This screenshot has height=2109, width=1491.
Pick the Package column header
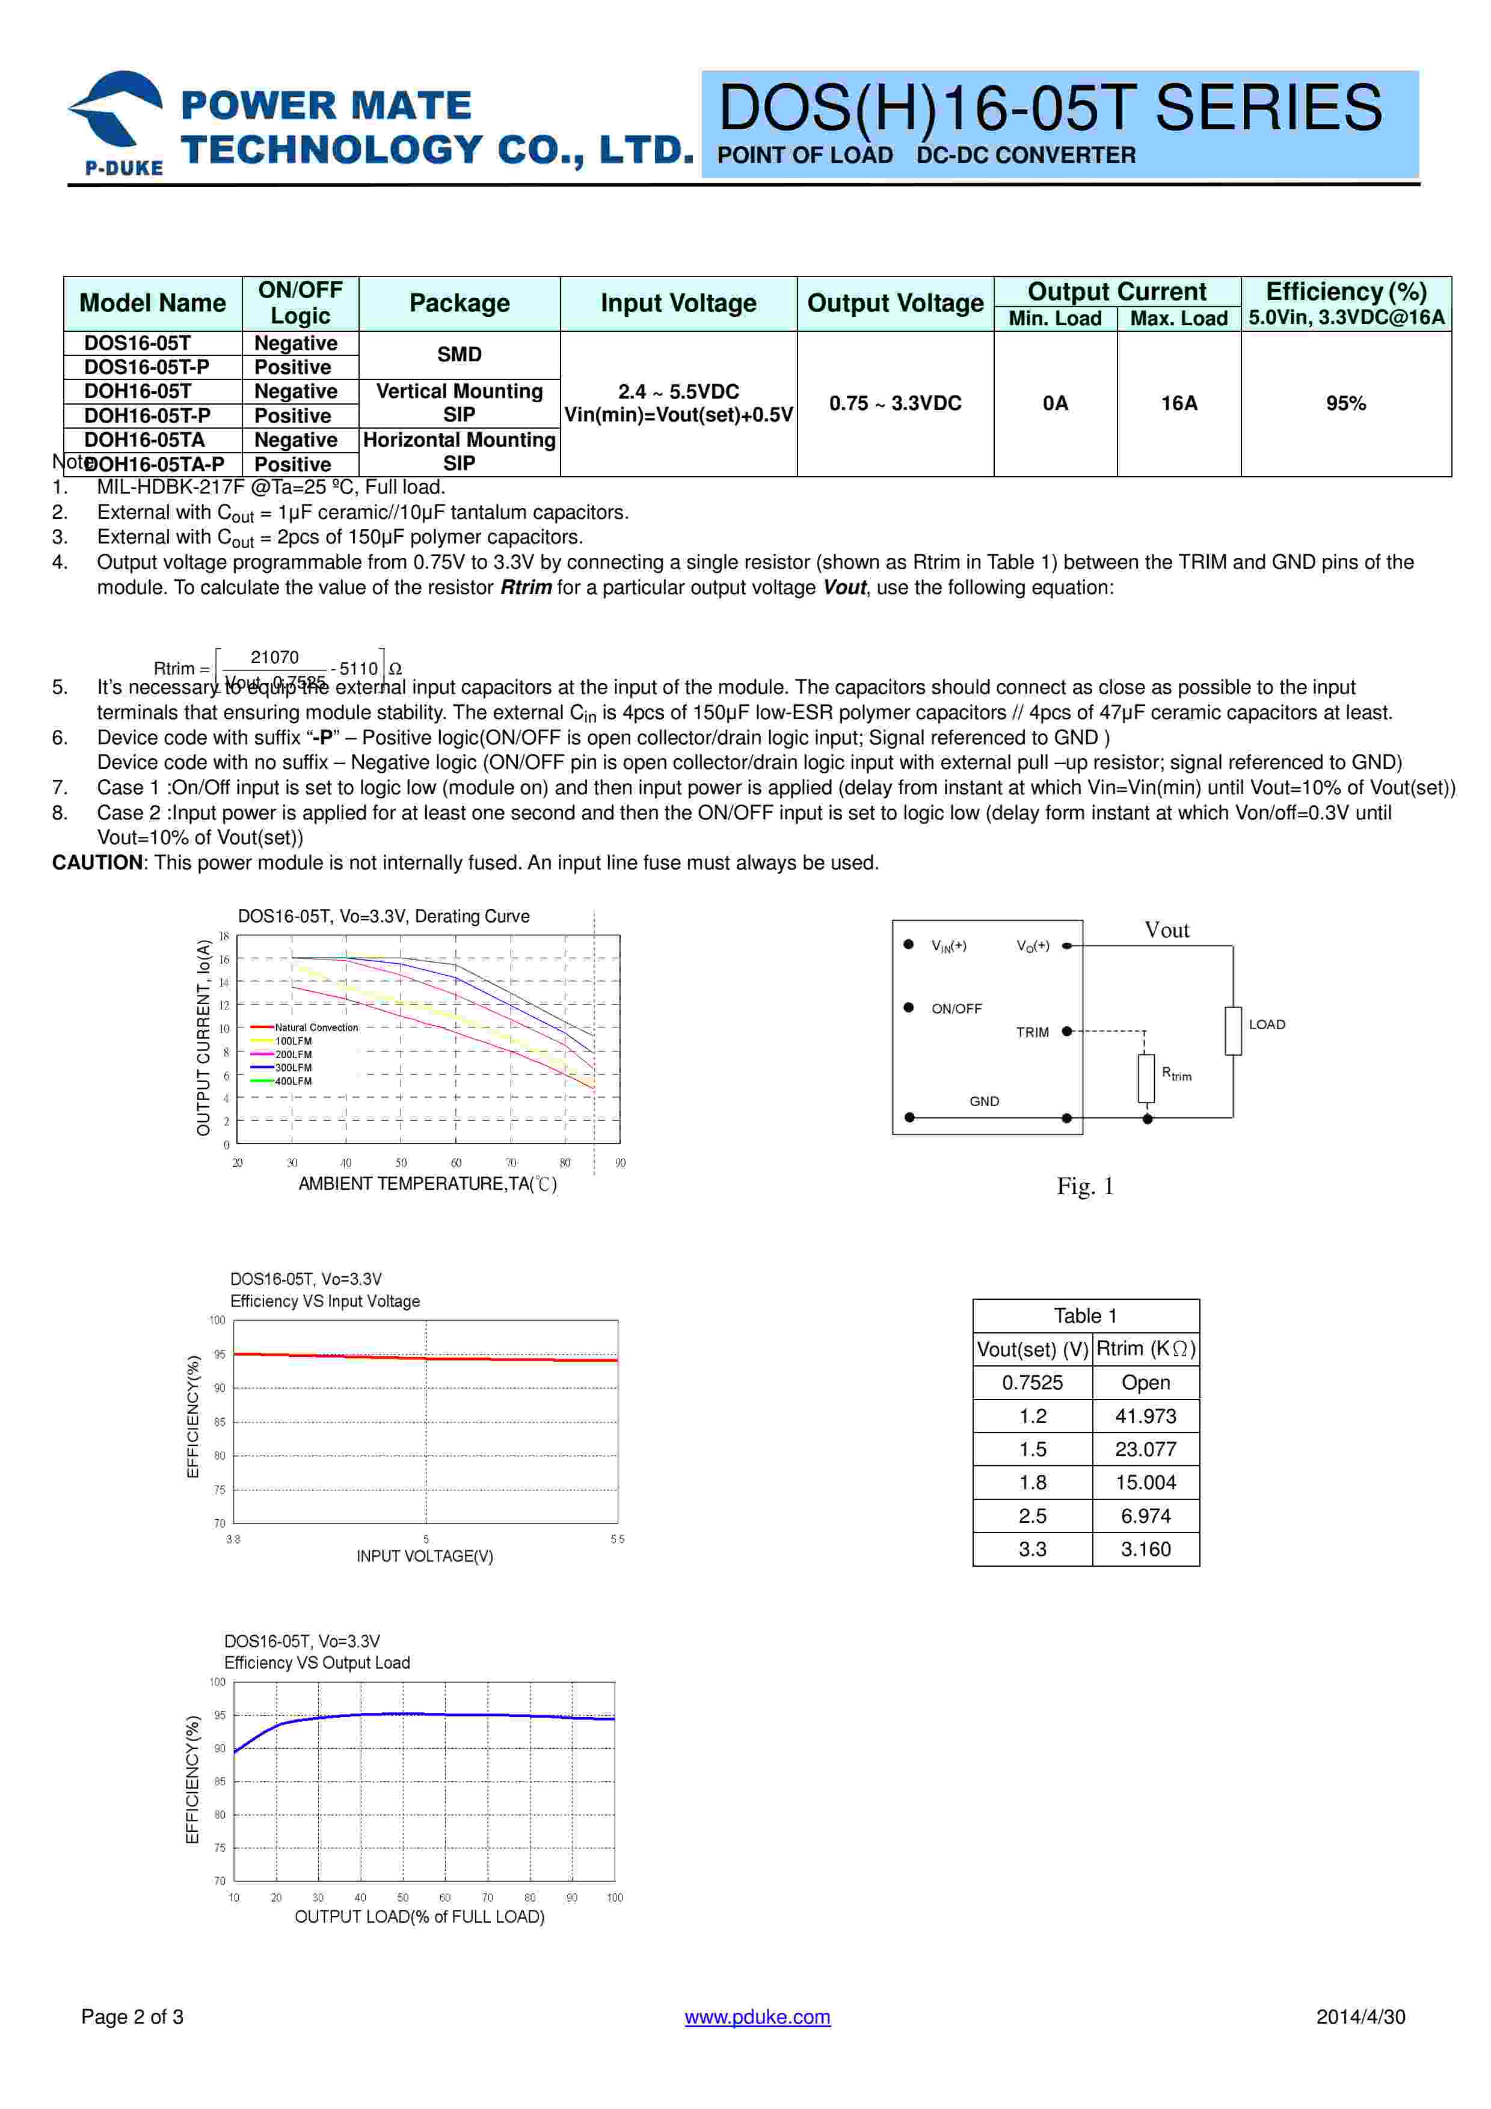point(460,303)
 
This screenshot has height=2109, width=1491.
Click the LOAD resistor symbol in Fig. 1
point(1233,1030)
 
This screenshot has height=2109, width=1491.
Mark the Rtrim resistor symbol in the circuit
point(1146,1077)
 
